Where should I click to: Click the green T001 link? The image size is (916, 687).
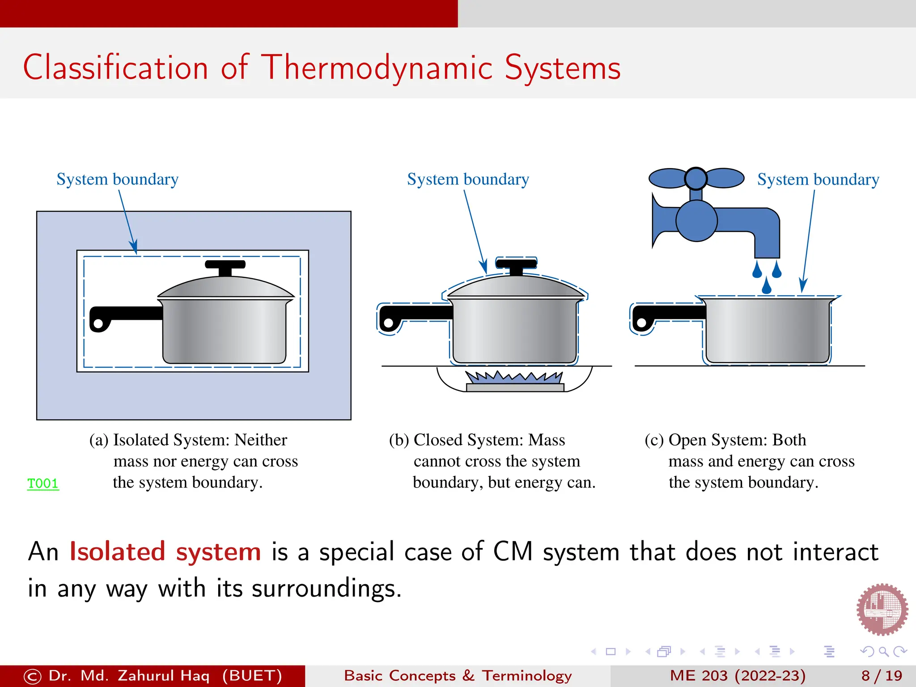coord(43,483)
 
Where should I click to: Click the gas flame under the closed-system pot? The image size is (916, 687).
coord(514,378)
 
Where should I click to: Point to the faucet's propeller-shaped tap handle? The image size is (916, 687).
coord(696,178)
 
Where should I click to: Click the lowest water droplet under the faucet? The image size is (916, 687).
coord(767,286)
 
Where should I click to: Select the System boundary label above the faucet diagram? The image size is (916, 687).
coord(818,179)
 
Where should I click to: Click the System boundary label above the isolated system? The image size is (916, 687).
coord(117,179)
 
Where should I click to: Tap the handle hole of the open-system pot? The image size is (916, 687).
coord(642,322)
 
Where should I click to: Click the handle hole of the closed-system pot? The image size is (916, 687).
coord(389,322)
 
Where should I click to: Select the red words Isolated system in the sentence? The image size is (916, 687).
coord(165,551)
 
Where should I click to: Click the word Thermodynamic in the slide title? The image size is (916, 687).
coord(377,68)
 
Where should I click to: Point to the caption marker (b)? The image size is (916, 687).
coord(399,440)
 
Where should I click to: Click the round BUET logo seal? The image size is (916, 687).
coord(882,609)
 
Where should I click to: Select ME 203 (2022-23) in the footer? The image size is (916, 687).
coord(738,676)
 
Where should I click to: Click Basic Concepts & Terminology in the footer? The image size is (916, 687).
coord(458,676)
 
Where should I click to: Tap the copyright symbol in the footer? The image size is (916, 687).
coord(32,676)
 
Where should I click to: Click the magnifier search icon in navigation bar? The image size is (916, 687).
coord(883,652)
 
